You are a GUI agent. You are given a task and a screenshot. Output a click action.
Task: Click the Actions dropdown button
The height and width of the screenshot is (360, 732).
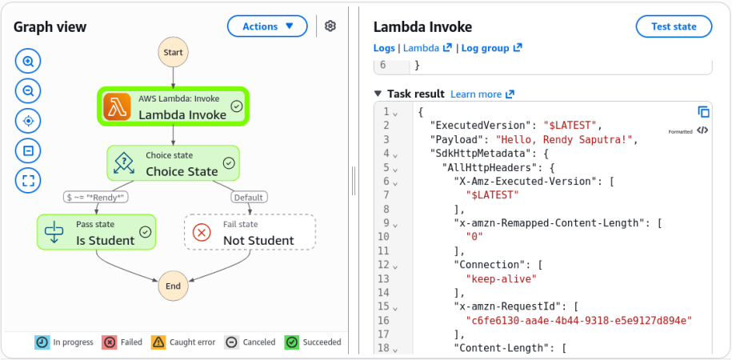pos(267,26)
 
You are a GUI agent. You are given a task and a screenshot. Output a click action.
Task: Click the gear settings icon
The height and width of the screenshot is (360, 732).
pos(330,26)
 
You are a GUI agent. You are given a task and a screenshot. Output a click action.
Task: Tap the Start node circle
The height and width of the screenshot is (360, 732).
pos(173,52)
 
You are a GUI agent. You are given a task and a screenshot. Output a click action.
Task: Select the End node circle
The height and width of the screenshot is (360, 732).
pos(173,286)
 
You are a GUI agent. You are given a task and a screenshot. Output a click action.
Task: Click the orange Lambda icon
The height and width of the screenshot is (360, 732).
pos(117,106)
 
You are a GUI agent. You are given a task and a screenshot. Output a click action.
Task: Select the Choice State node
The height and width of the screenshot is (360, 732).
pos(173,163)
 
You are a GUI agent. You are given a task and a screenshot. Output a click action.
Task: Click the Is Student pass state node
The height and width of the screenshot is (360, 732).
pos(96,232)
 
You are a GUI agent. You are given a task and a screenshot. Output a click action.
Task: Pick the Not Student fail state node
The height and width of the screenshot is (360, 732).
pos(250,232)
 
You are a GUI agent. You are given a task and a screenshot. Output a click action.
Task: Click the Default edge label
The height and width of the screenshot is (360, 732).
pos(249,198)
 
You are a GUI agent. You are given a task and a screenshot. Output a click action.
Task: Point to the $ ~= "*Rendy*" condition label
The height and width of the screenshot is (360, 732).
pos(96,198)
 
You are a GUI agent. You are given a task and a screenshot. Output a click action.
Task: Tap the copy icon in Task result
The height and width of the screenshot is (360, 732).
pos(703,112)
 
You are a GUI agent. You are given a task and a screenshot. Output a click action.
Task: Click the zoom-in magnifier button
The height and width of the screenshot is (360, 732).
pos(29,61)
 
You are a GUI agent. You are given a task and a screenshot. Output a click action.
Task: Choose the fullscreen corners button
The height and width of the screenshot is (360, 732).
pos(29,180)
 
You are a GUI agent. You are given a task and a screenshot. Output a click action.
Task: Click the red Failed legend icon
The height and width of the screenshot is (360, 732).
pos(110,342)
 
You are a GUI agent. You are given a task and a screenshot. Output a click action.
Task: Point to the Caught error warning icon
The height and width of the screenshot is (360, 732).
pos(158,342)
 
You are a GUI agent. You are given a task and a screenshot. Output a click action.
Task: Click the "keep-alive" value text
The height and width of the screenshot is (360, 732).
pos(502,278)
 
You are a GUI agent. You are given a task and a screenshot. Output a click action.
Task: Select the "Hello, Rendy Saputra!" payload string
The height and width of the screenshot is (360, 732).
pos(566,139)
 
